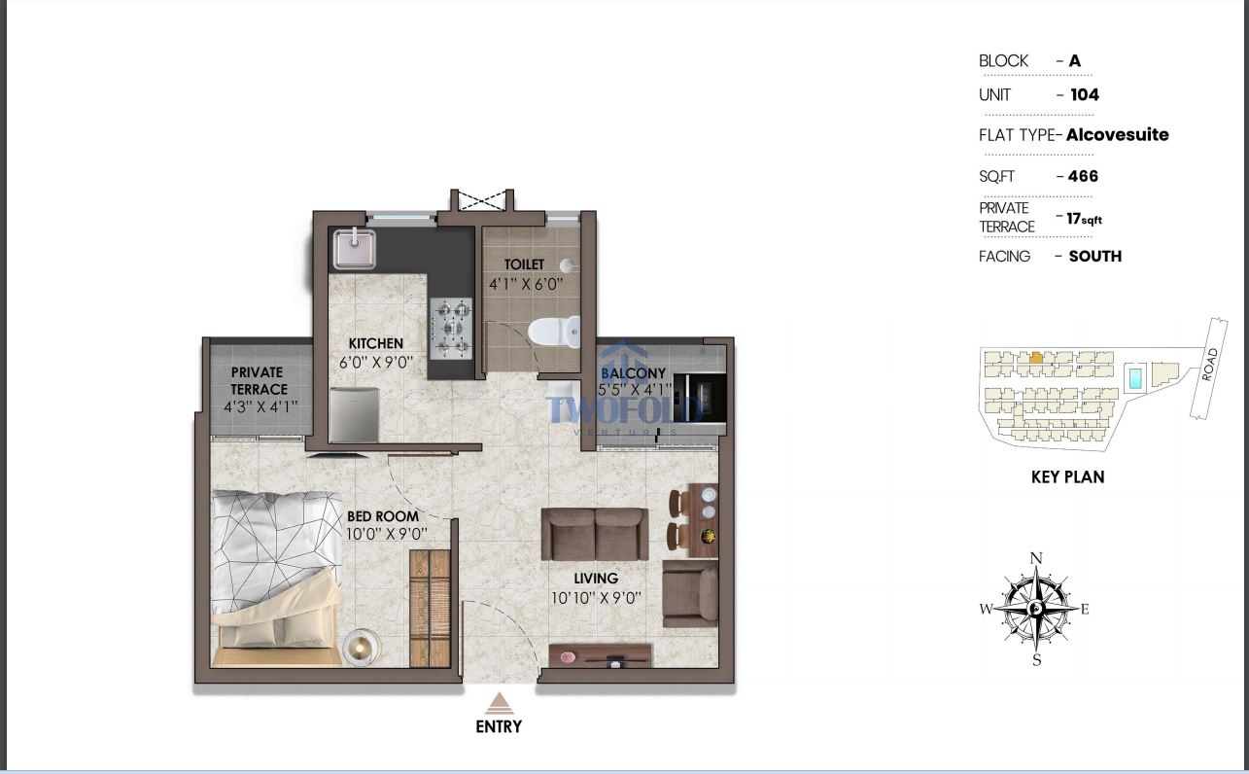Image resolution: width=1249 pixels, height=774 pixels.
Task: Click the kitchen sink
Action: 354,248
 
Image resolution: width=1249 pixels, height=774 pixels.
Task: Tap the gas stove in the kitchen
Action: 451,329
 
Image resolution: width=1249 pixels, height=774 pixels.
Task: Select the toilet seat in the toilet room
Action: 553,332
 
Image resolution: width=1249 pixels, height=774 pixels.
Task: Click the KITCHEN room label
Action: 376,343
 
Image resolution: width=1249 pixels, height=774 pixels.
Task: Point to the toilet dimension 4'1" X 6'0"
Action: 526,284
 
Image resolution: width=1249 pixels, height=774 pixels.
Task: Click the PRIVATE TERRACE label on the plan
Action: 259,380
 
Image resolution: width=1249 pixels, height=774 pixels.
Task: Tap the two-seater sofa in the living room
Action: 595,534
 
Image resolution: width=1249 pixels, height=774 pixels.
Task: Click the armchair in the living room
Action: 690,594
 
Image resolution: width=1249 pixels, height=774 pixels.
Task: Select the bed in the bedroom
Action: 277,579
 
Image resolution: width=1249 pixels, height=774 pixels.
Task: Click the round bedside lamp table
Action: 361,647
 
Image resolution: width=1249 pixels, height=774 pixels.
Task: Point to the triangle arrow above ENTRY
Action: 499,703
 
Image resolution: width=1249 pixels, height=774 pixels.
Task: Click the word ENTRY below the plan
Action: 499,726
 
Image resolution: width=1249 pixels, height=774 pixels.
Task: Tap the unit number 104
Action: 1085,94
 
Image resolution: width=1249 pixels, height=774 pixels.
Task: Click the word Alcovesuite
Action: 1118,134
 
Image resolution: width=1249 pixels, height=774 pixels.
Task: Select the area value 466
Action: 1083,176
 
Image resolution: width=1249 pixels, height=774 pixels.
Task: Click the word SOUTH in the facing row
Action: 1095,256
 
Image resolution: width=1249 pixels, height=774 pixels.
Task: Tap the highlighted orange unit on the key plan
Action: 1035,358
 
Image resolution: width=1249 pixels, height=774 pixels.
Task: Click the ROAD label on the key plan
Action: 1209,365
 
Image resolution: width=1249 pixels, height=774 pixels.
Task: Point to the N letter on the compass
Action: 1036,558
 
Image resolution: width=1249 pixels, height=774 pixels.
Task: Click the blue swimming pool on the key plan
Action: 1134,377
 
